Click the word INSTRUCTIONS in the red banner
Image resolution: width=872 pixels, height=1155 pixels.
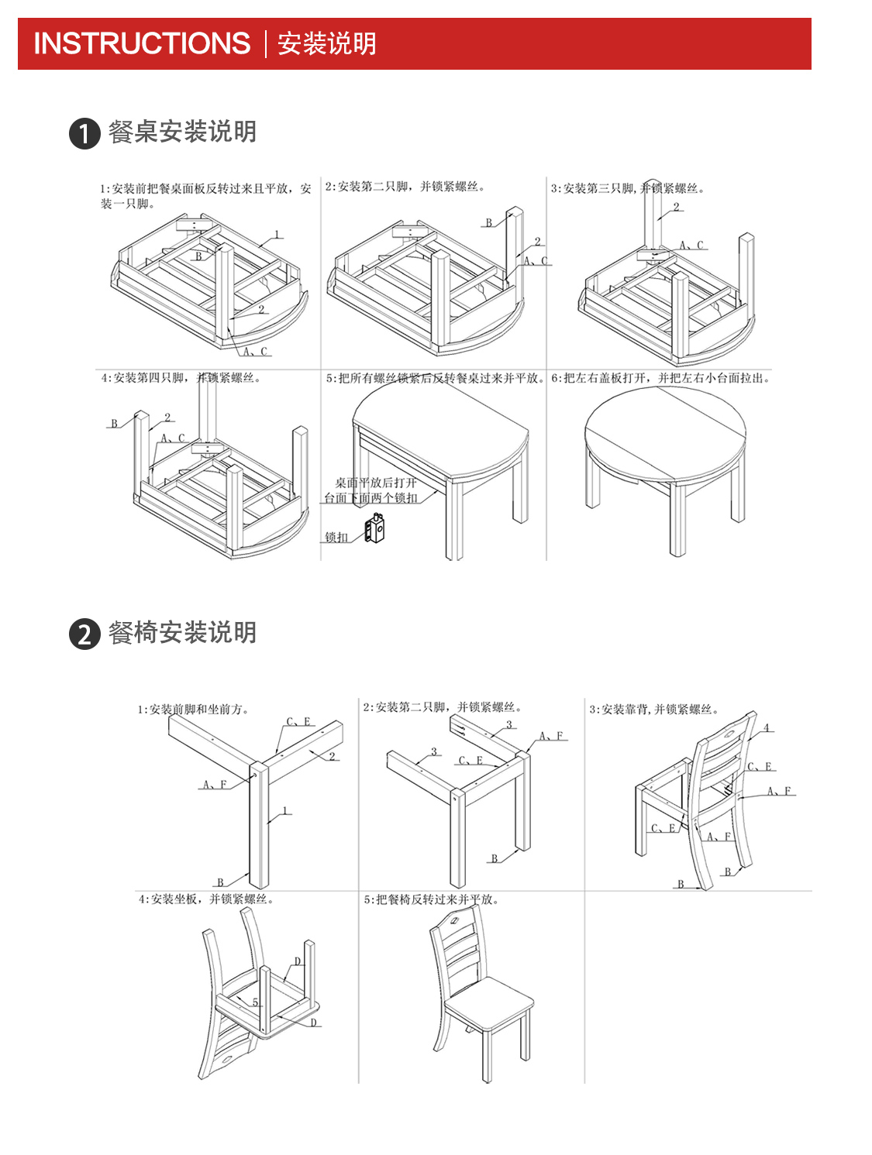(x=142, y=43)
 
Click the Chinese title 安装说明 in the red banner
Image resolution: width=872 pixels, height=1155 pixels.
(x=326, y=43)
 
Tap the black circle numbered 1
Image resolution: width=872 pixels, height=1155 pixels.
(x=84, y=133)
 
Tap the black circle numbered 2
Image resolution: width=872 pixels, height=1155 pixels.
(x=84, y=634)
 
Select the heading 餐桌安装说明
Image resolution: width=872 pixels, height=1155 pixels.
(x=182, y=132)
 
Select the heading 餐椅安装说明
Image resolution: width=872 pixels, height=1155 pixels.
(x=182, y=633)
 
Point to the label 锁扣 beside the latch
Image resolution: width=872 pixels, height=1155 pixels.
(x=336, y=537)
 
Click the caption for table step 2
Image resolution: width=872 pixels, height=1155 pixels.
(x=405, y=187)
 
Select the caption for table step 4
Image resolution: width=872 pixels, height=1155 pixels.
(x=181, y=378)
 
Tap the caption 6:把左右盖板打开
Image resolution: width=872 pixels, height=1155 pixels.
(x=660, y=378)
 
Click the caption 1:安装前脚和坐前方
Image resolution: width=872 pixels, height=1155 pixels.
(x=193, y=709)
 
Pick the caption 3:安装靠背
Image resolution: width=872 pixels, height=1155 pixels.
(x=653, y=709)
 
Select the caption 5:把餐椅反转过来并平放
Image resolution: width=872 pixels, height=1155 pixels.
(x=431, y=899)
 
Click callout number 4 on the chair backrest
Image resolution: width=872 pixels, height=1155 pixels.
(x=767, y=727)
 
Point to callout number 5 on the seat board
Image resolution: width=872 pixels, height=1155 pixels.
(x=255, y=1002)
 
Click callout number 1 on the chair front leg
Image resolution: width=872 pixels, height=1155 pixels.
(x=285, y=811)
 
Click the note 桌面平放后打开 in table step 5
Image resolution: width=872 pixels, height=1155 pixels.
(x=375, y=483)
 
